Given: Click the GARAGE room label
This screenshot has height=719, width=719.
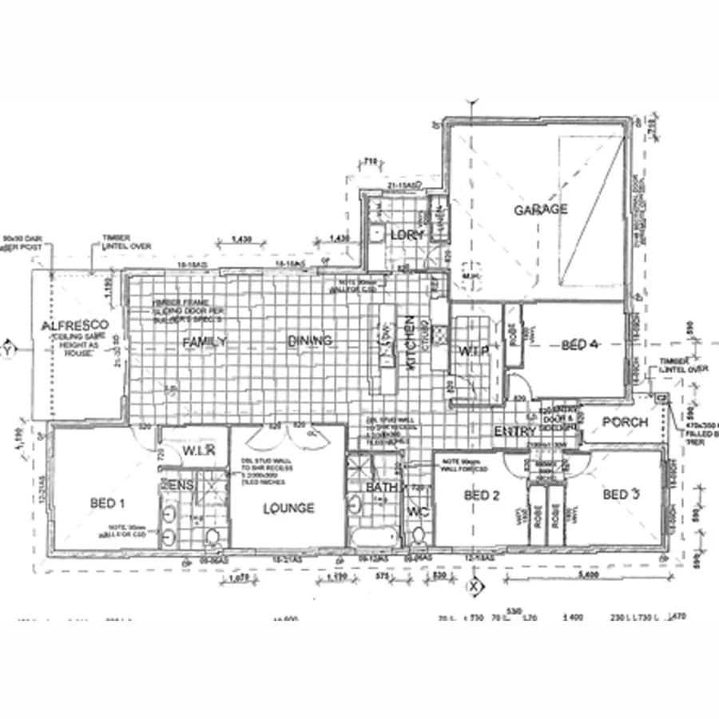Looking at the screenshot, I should tap(541, 210).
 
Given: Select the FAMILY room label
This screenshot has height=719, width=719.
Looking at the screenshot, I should tap(205, 342).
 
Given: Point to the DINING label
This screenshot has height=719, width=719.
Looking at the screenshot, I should tap(310, 341).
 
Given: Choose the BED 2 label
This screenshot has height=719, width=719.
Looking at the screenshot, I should tap(482, 495).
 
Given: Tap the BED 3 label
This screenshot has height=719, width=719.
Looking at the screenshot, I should tap(622, 495).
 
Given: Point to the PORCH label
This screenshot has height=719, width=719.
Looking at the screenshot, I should tap(624, 422).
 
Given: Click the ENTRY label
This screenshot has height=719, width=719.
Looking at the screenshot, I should tap(514, 431).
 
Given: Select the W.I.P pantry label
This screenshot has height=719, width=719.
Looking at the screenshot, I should tap(468, 352).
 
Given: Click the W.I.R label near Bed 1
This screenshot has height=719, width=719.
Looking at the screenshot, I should tap(199, 451).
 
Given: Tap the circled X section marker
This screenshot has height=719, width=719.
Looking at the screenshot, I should tap(475, 586).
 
